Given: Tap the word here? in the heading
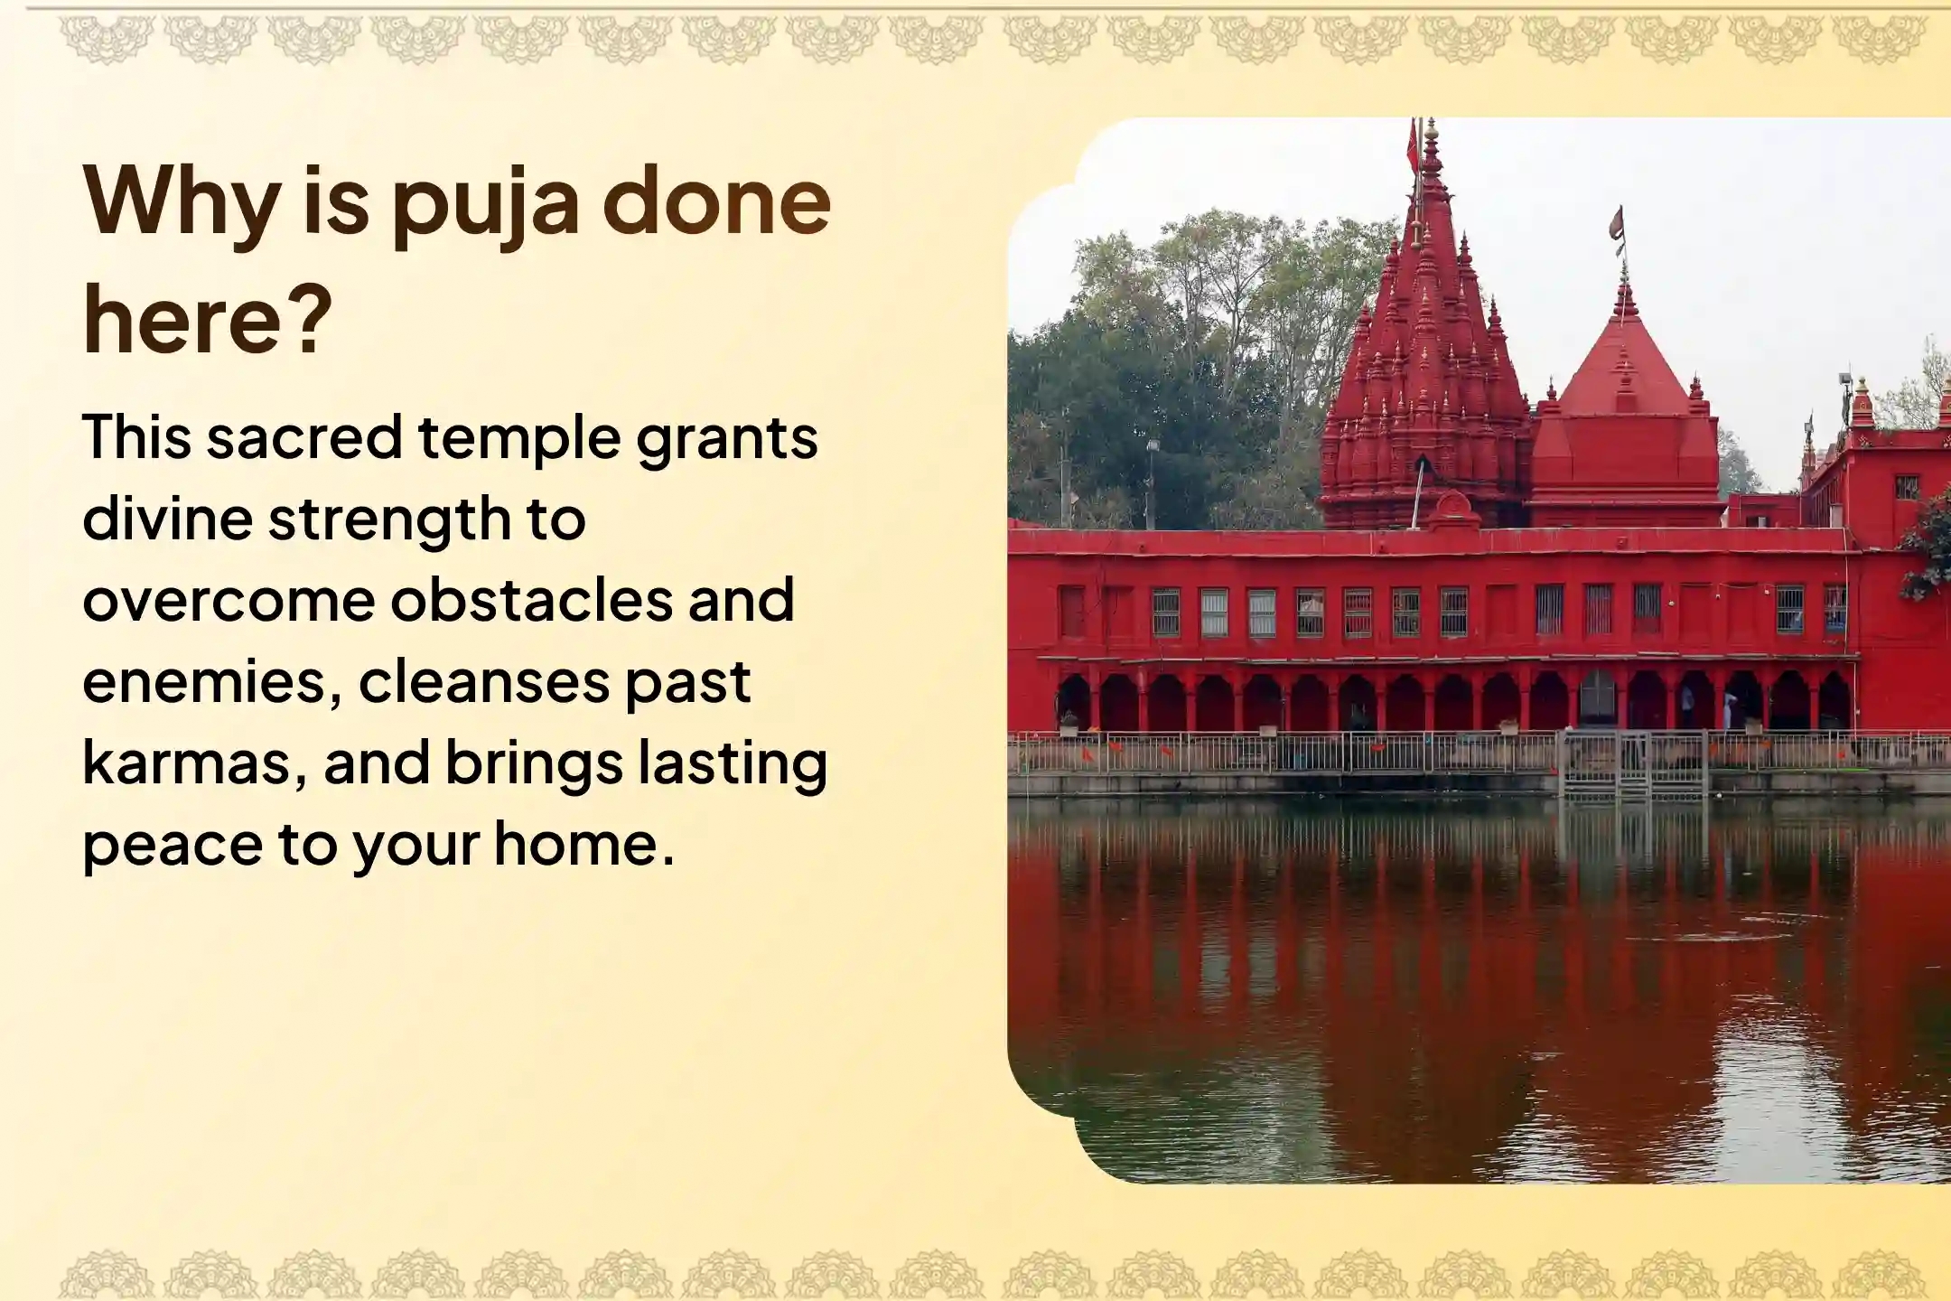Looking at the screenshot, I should pyautogui.click(x=208, y=321).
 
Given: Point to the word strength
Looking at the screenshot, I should pyautogui.click(x=389, y=520).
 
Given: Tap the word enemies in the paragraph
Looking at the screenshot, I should pyautogui.click(x=212, y=682).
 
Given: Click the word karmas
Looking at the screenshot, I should pyautogui.click(x=193, y=763).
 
